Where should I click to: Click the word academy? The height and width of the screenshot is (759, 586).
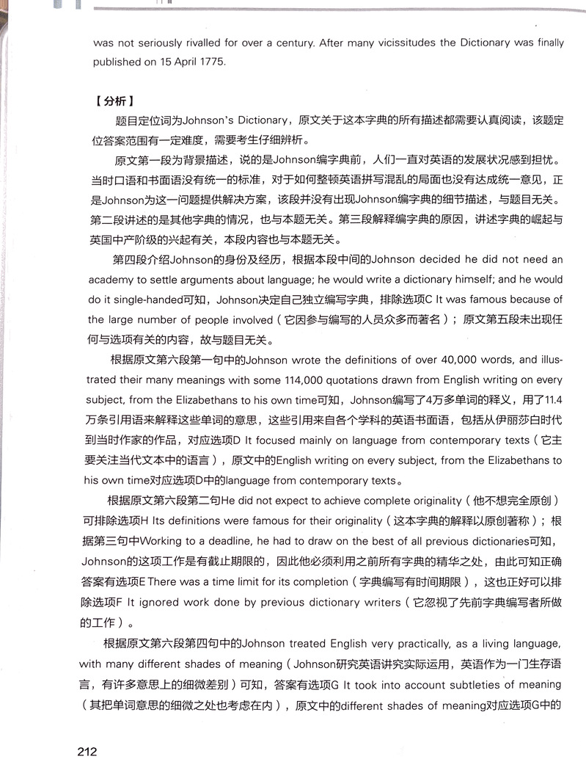pyautogui.click(x=112, y=280)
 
